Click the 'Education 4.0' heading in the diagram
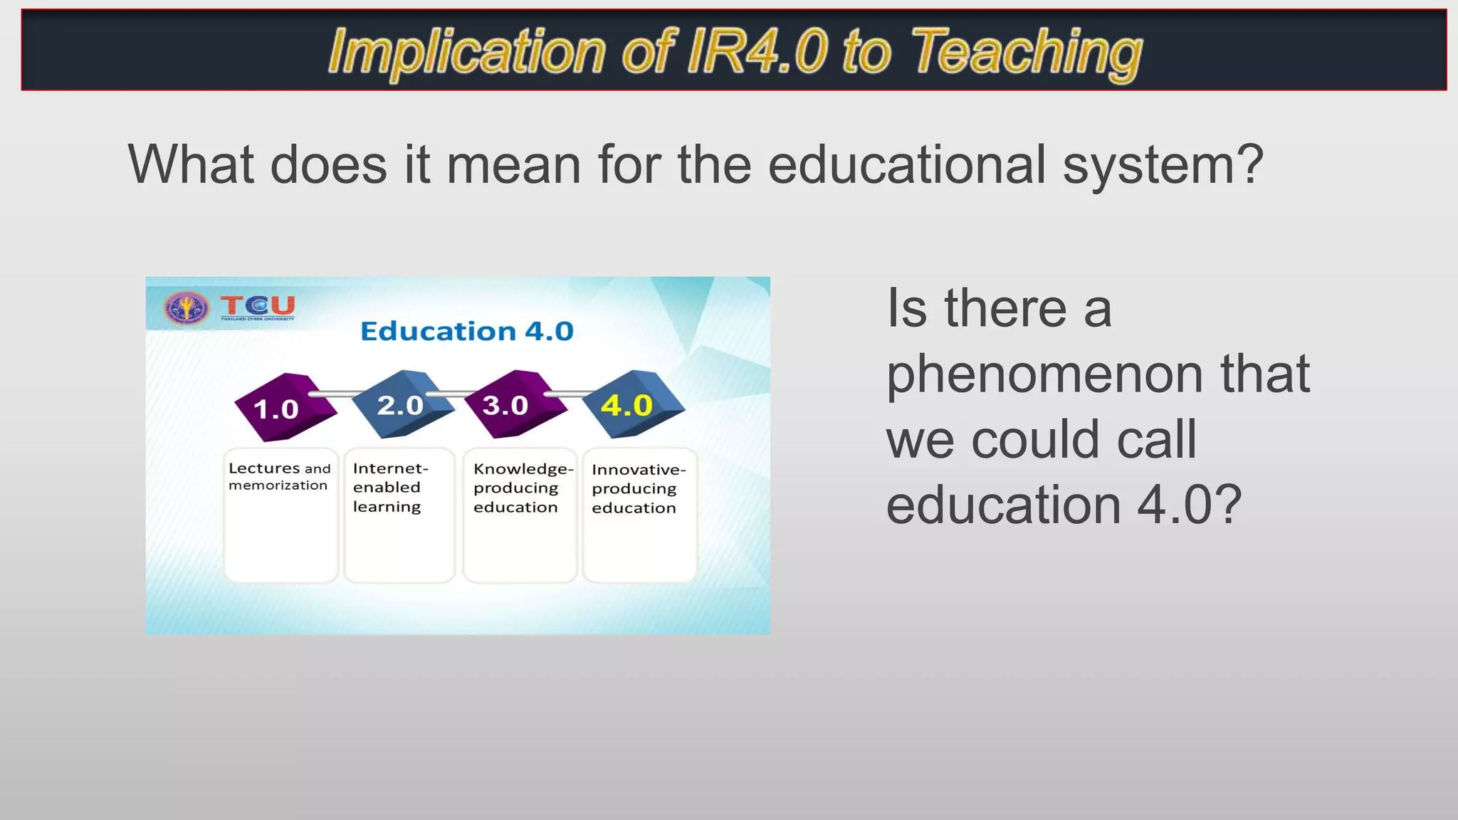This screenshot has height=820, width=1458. [466, 331]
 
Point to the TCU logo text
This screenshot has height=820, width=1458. [258, 306]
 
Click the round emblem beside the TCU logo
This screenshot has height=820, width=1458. [187, 307]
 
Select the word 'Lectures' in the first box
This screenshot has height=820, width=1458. [264, 468]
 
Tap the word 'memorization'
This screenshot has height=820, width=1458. [278, 485]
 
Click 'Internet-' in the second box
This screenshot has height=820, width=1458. [390, 468]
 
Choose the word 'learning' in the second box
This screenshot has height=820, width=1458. [387, 507]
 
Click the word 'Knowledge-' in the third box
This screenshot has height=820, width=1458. [523, 469]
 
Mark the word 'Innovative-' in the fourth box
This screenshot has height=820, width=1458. [639, 470]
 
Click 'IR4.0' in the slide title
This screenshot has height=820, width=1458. [757, 51]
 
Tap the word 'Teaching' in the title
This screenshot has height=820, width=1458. [1026, 51]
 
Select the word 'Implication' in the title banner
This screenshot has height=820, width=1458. [466, 51]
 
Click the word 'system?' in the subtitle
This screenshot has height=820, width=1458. [1163, 164]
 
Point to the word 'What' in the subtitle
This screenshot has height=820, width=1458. [191, 164]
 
